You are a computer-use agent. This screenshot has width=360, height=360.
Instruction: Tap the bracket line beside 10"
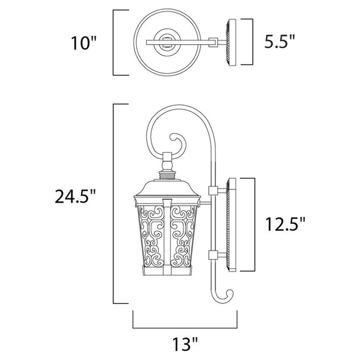click(x=114, y=42)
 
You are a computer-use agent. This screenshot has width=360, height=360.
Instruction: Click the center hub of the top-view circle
click(x=165, y=42)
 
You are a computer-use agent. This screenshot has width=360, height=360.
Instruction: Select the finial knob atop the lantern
click(x=166, y=163)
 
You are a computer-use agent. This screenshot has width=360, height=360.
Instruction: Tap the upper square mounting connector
click(x=212, y=191)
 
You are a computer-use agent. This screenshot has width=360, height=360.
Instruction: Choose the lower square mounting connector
click(x=212, y=255)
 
